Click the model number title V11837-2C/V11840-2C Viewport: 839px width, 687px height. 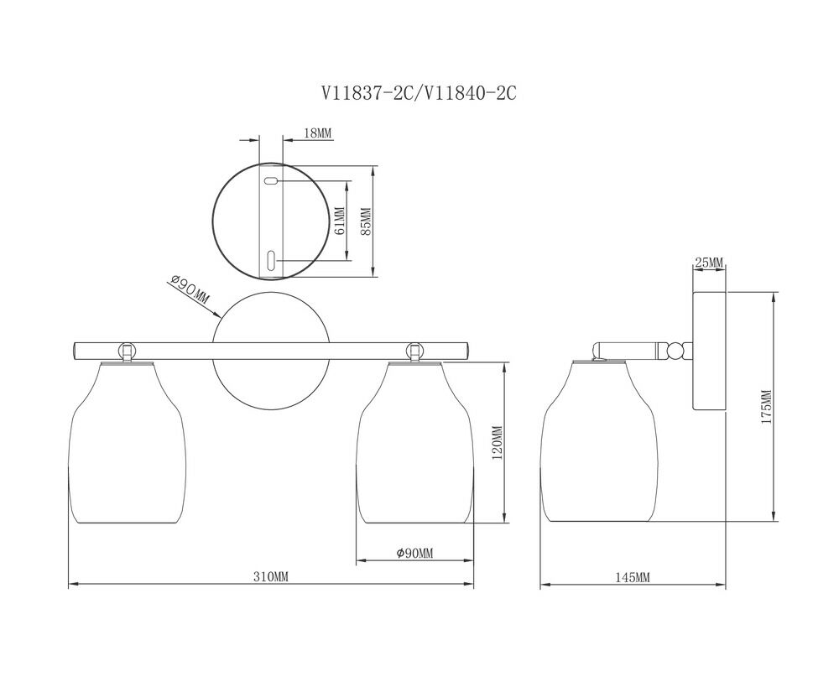point(419,94)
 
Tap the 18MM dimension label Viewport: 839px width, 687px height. point(318,133)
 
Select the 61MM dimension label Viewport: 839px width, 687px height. point(337,221)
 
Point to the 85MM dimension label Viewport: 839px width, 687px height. point(366,221)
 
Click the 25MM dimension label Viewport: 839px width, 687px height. point(708,263)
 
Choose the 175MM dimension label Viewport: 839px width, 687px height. point(766,407)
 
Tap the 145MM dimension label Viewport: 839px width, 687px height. point(632,577)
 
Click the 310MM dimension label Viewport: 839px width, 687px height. point(270,576)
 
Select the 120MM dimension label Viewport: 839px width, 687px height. point(497,444)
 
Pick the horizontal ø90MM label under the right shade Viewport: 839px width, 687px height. point(414,554)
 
